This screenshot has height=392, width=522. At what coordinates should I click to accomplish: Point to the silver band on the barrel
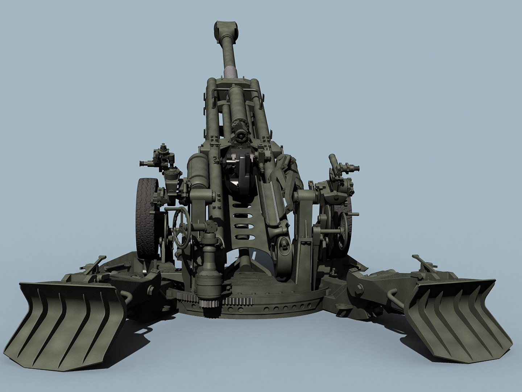[231, 71]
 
